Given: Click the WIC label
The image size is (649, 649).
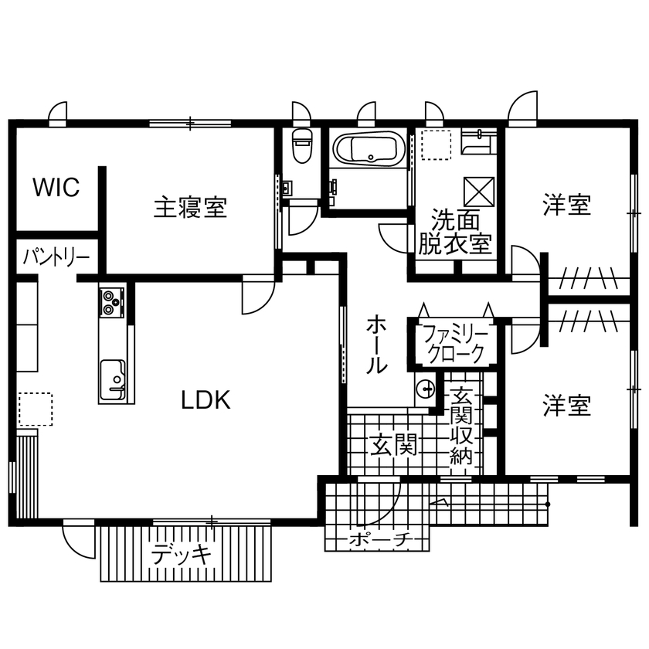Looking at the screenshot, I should (56, 188).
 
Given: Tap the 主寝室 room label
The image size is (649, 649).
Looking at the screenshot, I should (190, 207).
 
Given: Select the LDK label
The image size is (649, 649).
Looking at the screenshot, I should (206, 399).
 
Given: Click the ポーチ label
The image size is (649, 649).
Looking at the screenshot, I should (377, 539).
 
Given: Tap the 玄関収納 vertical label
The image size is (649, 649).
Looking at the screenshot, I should (461, 425).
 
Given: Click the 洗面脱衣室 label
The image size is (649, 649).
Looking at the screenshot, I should (454, 231).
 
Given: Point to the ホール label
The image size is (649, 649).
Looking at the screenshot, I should (376, 343).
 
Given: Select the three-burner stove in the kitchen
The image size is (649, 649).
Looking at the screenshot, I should (111, 302).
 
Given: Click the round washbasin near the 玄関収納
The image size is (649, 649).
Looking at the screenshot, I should (424, 389).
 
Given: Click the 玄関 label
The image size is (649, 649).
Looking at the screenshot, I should (393, 444).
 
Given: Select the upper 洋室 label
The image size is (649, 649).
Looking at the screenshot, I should (566, 206).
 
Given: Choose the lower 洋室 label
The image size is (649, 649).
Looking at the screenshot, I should (566, 405).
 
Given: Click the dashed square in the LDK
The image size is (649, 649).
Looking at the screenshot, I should (35, 409).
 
